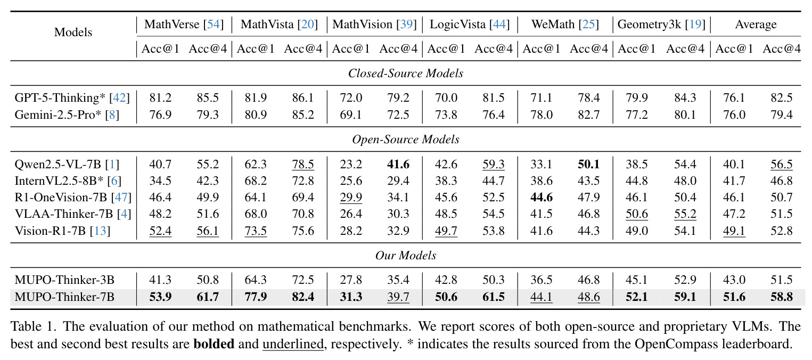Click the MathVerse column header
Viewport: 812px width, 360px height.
pyautogui.click(x=184, y=24)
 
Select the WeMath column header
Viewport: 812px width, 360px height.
pyautogui.click(x=565, y=24)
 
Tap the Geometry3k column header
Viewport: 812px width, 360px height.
pyautogui.click(x=661, y=24)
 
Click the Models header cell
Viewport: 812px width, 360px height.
pyautogui.click(x=73, y=32)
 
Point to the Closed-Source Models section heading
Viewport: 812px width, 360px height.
pyautogui.click(x=406, y=73)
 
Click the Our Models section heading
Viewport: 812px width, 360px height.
pyautogui.click(x=406, y=255)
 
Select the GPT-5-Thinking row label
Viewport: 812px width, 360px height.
pyautogui.click(x=72, y=97)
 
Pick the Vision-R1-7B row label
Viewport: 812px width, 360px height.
pyautogui.click(x=62, y=231)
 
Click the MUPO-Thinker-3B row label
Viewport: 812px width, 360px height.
pyautogui.click(x=64, y=280)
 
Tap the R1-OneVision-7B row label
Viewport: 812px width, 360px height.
pyautogui.click(x=73, y=197)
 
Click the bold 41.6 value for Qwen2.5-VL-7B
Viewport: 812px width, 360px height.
pyautogui.click(x=398, y=164)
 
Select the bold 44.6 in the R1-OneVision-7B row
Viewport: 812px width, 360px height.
pyautogui.click(x=541, y=197)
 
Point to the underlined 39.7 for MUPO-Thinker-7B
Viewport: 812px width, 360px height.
pyautogui.click(x=398, y=297)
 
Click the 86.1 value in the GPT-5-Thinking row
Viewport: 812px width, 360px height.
pyautogui.click(x=302, y=97)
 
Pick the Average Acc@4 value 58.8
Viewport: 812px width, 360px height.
pyautogui.click(x=781, y=297)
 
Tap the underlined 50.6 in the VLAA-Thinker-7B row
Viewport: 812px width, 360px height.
pyautogui.click(x=636, y=214)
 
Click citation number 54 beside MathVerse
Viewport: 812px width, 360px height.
pyautogui.click(x=213, y=24)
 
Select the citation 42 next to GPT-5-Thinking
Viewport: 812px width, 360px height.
pyautogui.click(x=119, y=97)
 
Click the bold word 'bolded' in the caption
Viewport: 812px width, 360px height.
pyautogui.click(x=214, y=343)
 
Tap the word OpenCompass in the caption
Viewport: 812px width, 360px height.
pyautogui.click(x=676, y=344)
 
